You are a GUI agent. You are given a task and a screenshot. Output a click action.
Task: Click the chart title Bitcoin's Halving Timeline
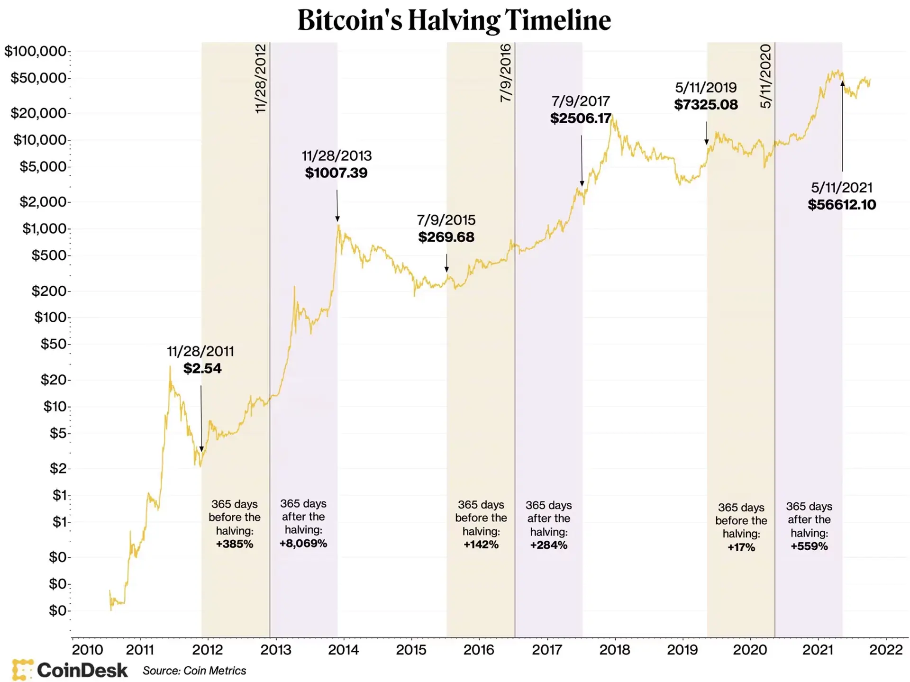[454, 20]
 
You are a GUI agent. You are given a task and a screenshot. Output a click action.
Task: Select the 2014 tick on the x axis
[343, 649]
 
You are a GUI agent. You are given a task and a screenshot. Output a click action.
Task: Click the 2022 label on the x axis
[885, 649]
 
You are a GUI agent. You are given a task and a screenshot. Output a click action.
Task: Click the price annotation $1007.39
[336, 173]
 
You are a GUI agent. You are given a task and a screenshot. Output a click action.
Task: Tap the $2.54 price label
[202, 368]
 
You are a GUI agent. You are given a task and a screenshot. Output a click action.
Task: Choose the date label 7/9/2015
[446, 220]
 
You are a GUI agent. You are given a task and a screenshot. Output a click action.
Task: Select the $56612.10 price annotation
[842, 205]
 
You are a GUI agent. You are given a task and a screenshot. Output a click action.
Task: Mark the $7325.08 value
[706, 105]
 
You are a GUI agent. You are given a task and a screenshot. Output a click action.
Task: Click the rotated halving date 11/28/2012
[261, 78]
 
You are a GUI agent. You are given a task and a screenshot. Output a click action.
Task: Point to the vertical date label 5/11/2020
[766, 76]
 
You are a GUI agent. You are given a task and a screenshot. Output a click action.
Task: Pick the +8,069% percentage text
[303, 544]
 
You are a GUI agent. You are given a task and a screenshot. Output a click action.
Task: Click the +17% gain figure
[741, 547]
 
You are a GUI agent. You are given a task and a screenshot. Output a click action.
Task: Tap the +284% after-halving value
[548, 545]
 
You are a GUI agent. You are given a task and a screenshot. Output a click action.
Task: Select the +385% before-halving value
[235, 544]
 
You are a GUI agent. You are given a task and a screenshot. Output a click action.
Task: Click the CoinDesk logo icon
[23, 670]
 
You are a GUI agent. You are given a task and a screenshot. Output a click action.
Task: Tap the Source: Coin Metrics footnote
[194, 671]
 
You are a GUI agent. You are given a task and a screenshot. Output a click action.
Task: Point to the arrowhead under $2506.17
[582, 184]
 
